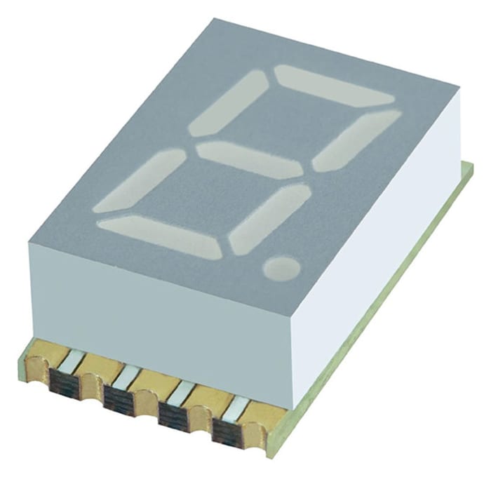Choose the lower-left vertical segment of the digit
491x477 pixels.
(x=140, y=181)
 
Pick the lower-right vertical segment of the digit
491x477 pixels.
(x=269, y=218)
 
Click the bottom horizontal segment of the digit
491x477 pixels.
(x=161, y=234)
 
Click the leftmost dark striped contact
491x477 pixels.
(x=65, y=382)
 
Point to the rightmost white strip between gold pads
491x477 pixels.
(x=238, y=407)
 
